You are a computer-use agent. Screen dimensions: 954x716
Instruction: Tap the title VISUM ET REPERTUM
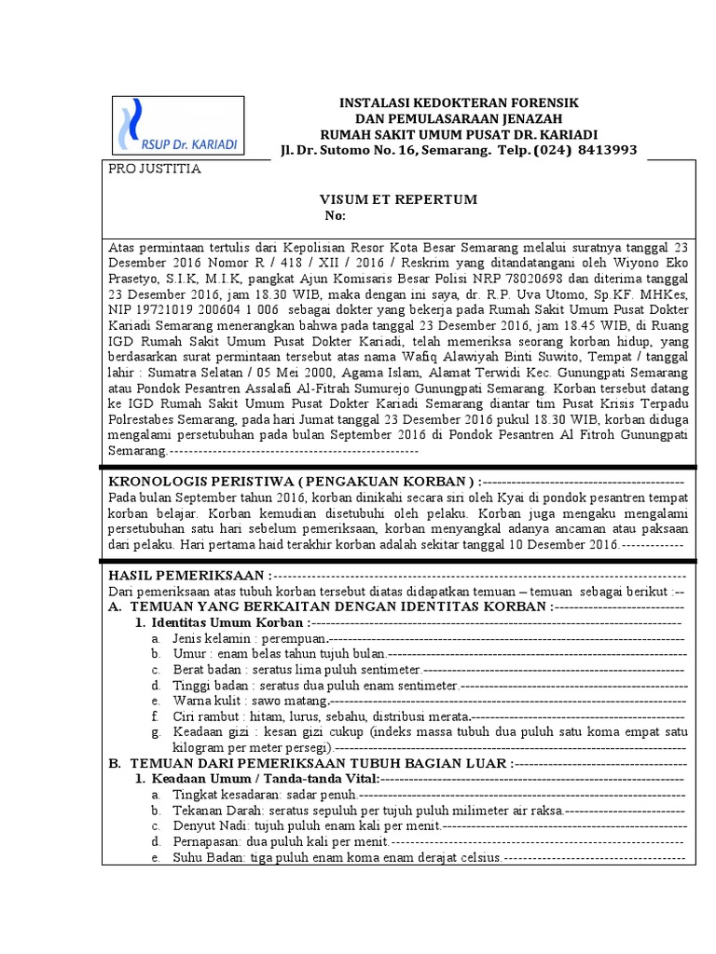coord(399,199)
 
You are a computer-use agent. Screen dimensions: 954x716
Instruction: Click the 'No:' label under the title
coord(336,216)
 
